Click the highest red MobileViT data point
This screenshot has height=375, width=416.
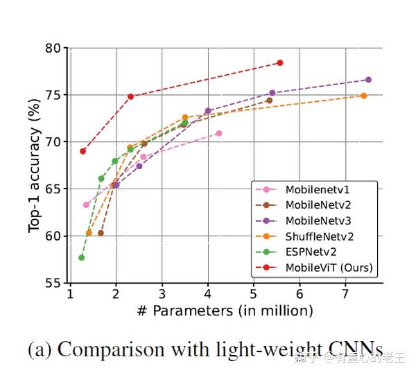pyautogui.click(x=280, y=63)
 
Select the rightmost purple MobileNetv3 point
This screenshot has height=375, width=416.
pyautogui.click(x=368, y=80)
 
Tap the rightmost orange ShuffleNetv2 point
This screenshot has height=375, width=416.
pyautogui.click(x=363, y=96)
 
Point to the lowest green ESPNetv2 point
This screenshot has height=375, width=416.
pyautogui.click(x=82, y=258)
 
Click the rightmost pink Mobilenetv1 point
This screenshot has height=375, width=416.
pyautogui.click(x=219, y=133)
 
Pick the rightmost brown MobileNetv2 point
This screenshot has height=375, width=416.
pyautogui.click(x=269, y=101)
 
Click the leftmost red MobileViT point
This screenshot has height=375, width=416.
pyautogui.click(x=83, y=151)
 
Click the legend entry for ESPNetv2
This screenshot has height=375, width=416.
pyautogui.click(x=311, y=252)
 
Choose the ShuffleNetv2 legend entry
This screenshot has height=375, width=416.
pyautogui.click(x=316, y=236)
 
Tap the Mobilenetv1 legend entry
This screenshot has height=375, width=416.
pyautogui.click(x=315, y=189)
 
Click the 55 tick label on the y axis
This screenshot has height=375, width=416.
pyautogui.click(x=53, y=283)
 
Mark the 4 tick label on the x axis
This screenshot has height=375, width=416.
pyautogui.click(x=208, y=294)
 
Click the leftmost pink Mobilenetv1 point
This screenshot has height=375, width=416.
pyautogui.click(x=86, y=204)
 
